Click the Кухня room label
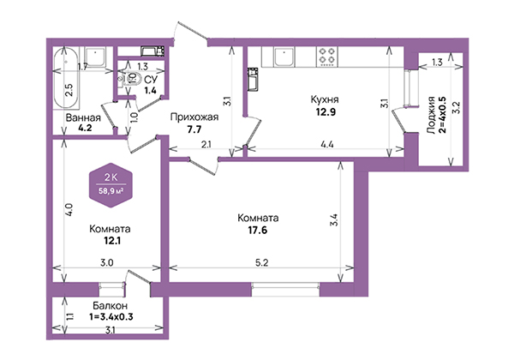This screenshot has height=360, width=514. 325,99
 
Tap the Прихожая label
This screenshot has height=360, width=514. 194,117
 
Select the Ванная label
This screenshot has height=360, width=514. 83,117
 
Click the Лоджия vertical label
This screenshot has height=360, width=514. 432,115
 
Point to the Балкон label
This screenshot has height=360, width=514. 110,306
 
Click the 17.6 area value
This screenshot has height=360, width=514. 257,231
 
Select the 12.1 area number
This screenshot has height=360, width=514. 112,241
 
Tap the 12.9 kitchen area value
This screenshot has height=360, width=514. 326,112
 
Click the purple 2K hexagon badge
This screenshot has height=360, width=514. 111,185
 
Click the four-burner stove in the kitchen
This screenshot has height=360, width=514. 327,57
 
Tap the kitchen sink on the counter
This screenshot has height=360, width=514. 284,57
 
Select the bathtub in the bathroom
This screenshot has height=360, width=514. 67,78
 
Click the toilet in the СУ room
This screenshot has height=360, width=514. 127,79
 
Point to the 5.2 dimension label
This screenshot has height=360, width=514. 261,263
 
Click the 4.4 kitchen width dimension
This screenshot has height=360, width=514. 327,144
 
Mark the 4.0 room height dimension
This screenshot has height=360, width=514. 69,209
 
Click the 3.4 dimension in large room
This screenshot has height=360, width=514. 334,220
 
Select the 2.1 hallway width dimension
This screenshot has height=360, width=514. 206,144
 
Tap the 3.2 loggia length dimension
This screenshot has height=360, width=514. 456,107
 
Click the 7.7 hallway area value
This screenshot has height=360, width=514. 194,129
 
